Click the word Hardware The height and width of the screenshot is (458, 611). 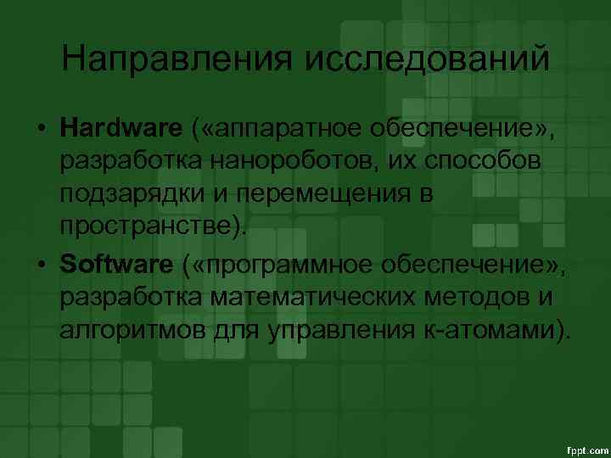(x=121, y=128)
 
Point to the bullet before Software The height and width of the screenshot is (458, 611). (x=41, y=265)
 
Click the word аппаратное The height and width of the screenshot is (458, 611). (x=287, y=129)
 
